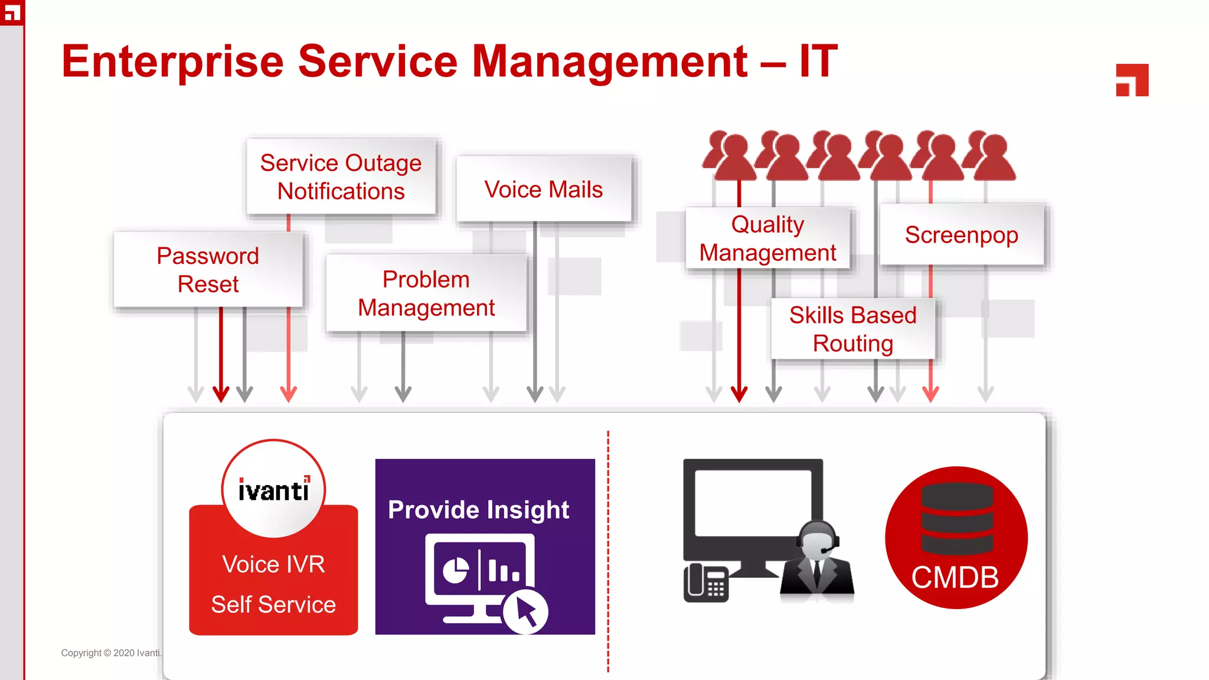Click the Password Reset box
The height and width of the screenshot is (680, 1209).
208,270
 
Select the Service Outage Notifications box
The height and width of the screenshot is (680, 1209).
341,176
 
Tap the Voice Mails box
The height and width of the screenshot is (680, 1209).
543,189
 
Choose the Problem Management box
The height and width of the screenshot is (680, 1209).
426,293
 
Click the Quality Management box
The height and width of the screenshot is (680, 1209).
767,238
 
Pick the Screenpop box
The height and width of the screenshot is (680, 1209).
961,235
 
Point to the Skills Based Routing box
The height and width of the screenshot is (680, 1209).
852,329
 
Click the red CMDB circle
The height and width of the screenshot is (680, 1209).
956,538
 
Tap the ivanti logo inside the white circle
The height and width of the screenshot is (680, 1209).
273,490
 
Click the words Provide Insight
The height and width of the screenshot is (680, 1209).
478,509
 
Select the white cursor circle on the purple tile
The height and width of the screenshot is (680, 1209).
525,612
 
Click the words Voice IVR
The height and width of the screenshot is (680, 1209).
273,564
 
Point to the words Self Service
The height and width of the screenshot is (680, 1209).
273,604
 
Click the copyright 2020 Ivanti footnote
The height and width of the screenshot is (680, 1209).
111,653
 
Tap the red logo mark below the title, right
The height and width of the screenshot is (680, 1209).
1132,80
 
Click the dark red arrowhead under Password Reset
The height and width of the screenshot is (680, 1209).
221,394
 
